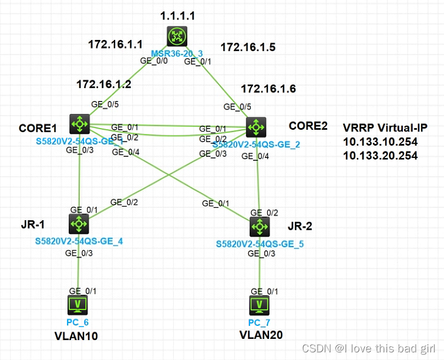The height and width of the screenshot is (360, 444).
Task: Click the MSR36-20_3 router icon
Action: pos(176,36)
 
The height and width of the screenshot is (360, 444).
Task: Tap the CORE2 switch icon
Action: pos(256,126)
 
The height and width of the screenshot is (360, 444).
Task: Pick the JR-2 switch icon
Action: pos(259,226)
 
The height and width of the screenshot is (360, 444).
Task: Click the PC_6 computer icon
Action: pos(79,304)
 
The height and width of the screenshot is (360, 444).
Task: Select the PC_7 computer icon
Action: pos(259,304)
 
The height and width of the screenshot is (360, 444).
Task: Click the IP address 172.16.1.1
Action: pos(115,43)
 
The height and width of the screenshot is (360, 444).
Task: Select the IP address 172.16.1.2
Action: pos(103,85)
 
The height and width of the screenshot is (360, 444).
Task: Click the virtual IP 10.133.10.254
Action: pos(380,142)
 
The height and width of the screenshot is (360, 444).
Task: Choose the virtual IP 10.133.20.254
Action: pos(380,156)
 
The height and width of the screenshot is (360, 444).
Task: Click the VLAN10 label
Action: pos(76,336)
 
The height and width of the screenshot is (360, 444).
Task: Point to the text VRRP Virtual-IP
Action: pos(385,128)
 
